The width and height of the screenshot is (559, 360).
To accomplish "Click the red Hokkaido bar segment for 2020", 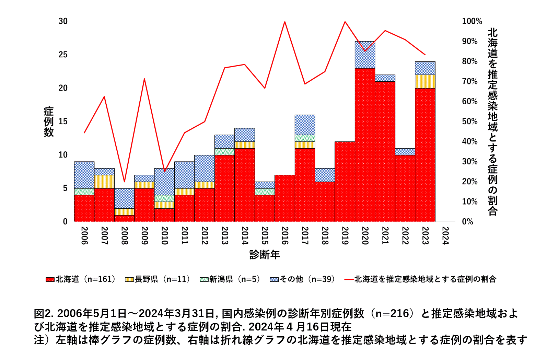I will click(365, 144).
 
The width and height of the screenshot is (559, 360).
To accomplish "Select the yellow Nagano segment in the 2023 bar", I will click(425, 81).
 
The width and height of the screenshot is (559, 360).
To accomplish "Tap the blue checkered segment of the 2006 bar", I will click(84, 175).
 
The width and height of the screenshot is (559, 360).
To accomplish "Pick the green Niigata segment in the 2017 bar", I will click(305, 138).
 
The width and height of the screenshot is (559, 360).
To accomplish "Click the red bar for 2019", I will click(345, 181).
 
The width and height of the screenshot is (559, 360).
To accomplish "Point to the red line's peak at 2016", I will click(285, 22).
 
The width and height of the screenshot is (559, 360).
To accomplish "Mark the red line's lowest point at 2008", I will click(124, 182).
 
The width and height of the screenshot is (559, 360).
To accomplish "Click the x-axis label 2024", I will click(445, 235).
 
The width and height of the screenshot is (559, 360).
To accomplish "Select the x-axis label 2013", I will click(224, 235).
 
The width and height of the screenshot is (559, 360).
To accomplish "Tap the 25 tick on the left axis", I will click(63, 55).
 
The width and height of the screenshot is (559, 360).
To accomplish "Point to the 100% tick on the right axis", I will click(472, 21).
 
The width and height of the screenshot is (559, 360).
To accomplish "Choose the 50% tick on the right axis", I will click(470, 121).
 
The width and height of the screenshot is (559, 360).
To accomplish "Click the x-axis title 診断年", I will click(265, 255).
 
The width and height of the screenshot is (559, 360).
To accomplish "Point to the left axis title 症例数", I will click(49, 121).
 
